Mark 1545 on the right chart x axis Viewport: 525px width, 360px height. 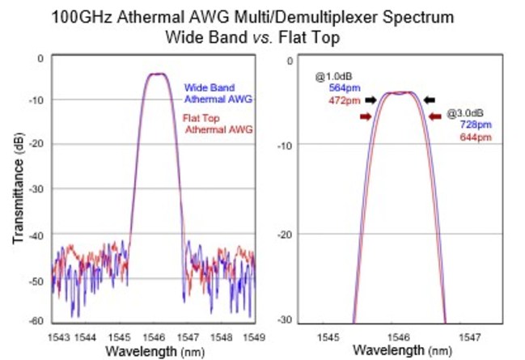(x=328, y=335)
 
